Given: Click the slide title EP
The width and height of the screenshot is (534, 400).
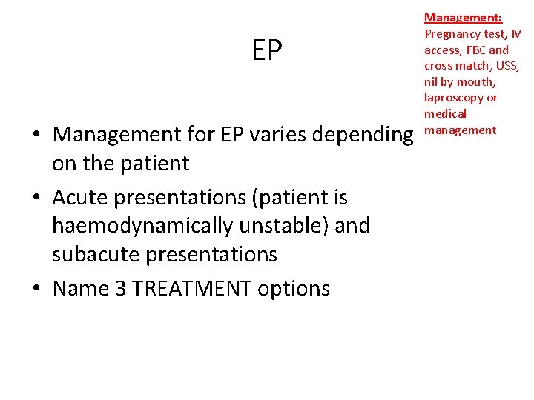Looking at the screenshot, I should tap(267, 50).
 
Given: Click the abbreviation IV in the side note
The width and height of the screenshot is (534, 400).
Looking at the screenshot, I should tap(515, 33).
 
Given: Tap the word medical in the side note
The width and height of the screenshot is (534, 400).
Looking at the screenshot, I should tap(445, 114).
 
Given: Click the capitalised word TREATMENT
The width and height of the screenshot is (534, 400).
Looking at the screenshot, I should tap(194, 288).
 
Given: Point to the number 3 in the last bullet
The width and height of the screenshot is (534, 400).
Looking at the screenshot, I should tap(117, 288).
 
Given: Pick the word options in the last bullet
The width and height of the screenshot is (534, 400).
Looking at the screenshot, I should tap(293, 288).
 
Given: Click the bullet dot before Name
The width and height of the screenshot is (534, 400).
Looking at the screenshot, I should tap(36, 289).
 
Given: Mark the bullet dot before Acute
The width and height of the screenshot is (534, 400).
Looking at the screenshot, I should tap(36, 199).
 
